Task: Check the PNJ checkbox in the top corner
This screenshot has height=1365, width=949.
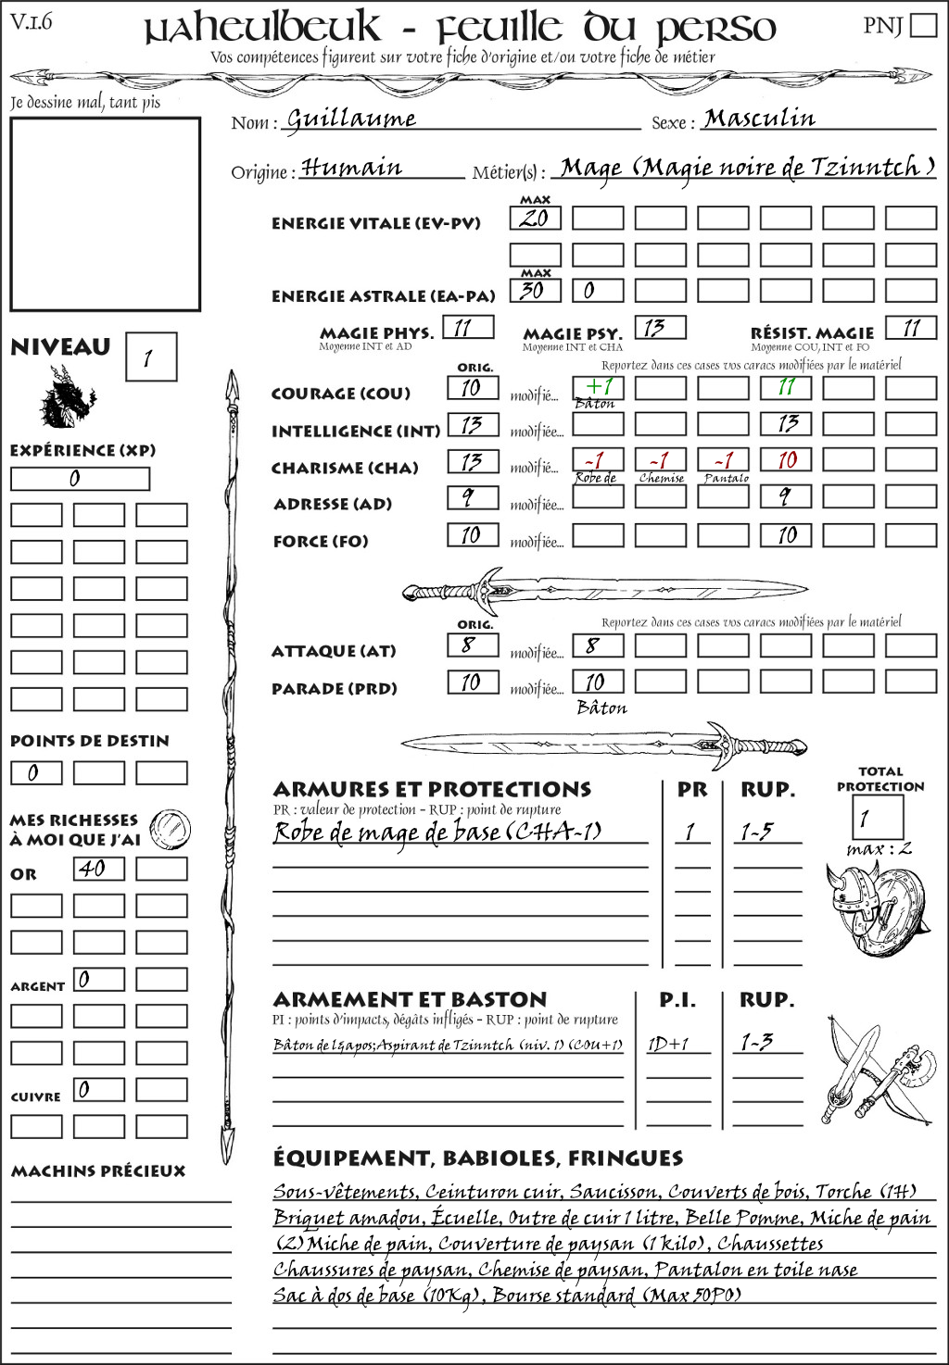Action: pyautogui.click(x=923, y=24)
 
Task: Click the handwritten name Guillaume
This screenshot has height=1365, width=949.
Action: pyautogui.click(x=351, y=119)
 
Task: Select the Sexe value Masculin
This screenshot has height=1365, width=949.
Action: pyautogui.click(x=759, y=118)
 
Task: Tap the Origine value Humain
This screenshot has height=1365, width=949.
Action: pyautogui.click(x=352, y=168)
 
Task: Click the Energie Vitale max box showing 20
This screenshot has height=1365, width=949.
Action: pyautogui.click(x=535, y=219)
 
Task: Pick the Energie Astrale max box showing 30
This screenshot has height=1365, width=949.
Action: pyautogui.click(x=535, y=290)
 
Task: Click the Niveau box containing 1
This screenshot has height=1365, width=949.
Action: pyautogui.click(x=150, y=357)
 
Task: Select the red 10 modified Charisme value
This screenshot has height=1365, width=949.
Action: pyautogui.click(x=786, y=460)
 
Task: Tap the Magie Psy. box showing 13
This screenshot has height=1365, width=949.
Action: pyautogui.click(x=660, y=327)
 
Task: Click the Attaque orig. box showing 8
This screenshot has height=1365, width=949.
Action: pyautogui.click(x=473, y=645)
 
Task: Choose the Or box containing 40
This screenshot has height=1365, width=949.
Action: pyautogui.click(x=98, y=869)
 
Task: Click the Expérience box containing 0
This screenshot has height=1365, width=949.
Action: pyautogui.click(x=80, y=479)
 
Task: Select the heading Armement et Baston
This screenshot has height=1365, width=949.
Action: pyautogui.click(x=410, y=999)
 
